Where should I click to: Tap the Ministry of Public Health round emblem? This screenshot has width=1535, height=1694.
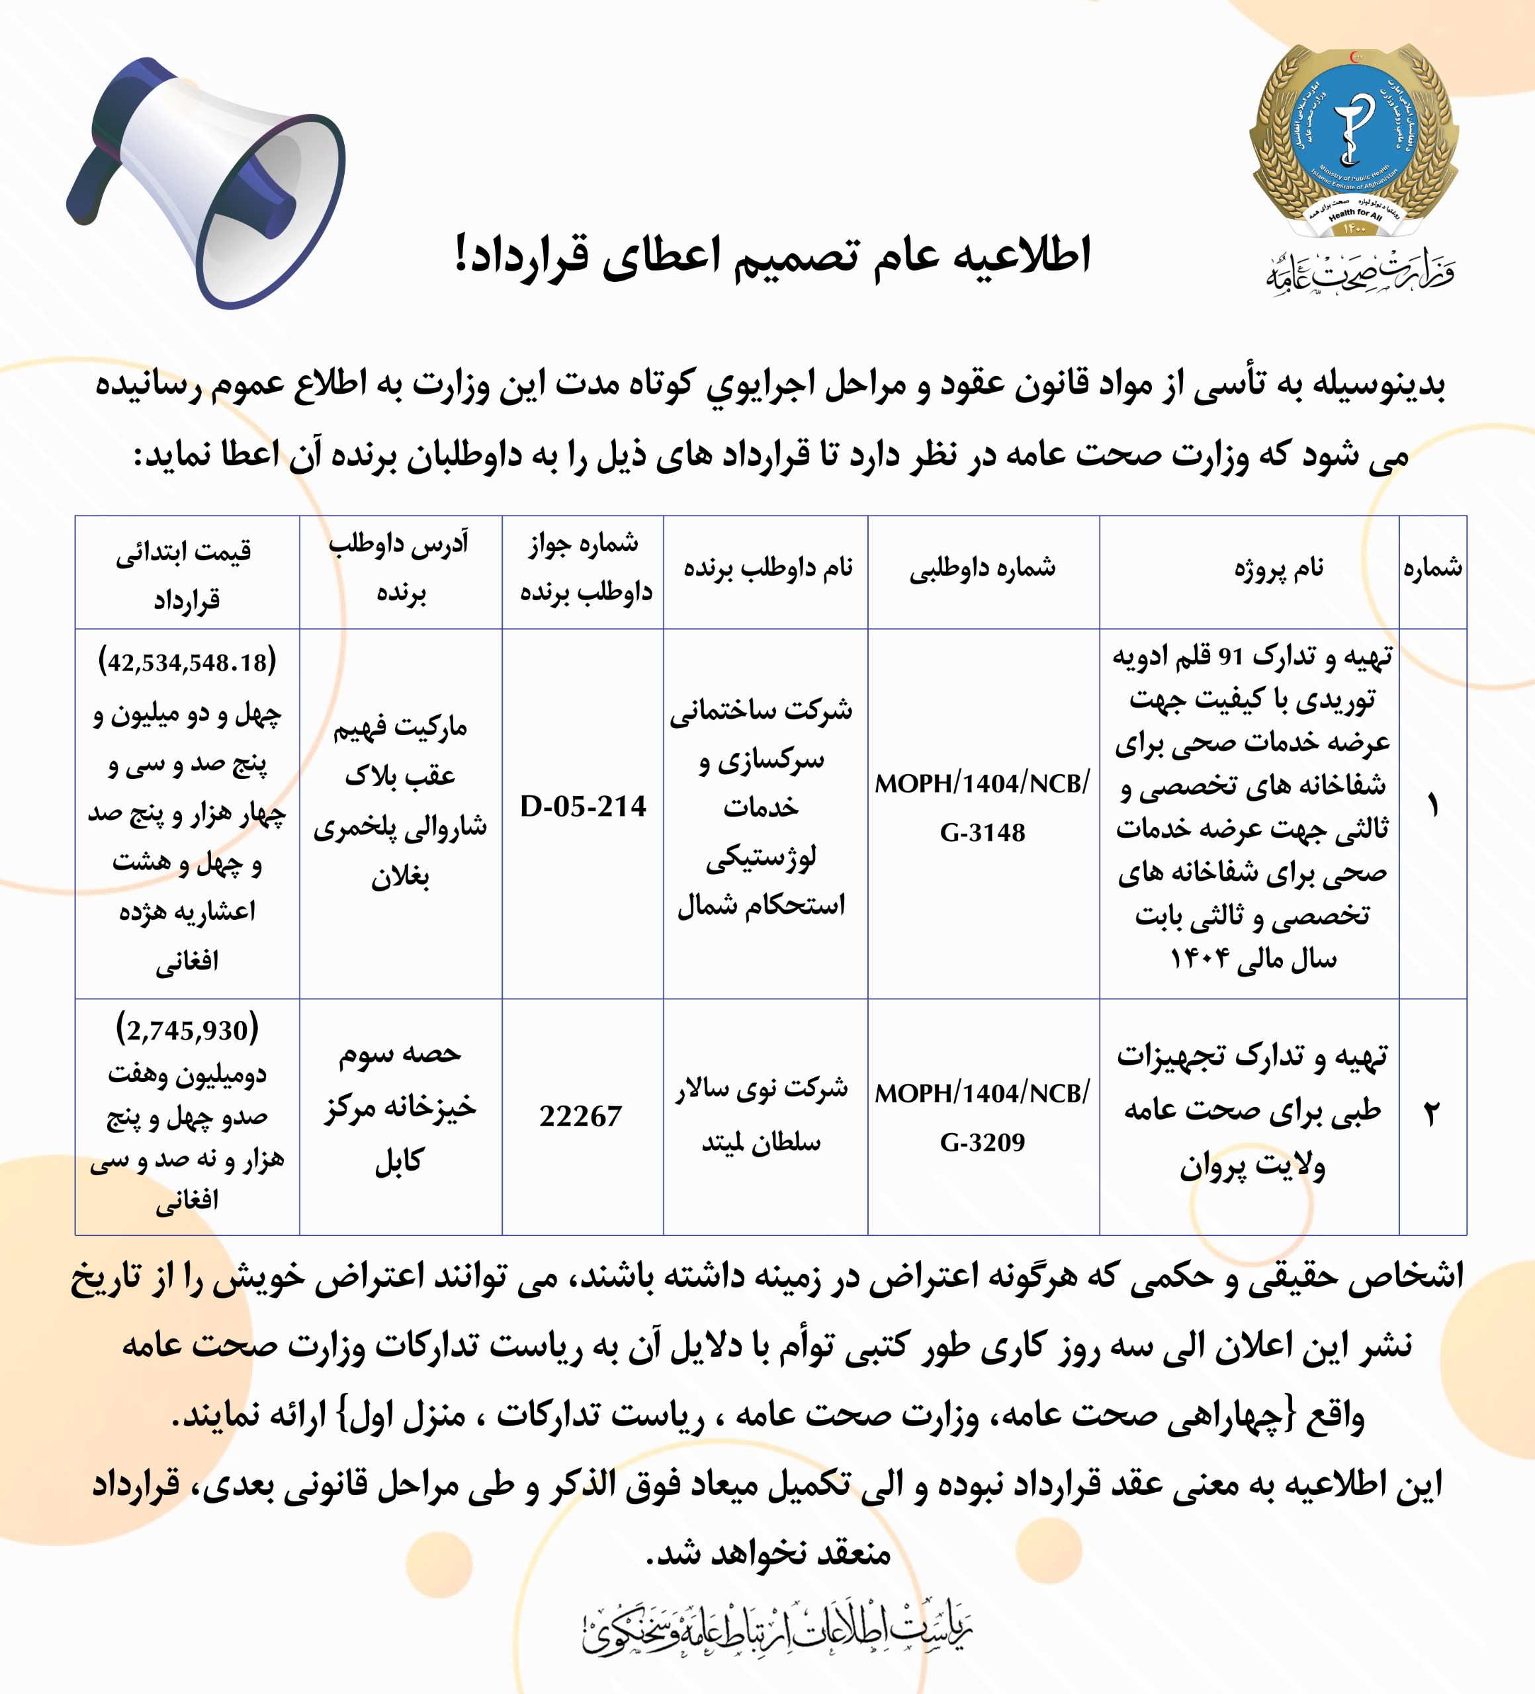[1352, 143]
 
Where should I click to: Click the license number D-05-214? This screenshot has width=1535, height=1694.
[583, 807]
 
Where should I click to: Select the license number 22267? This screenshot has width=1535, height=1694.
[582, 1116]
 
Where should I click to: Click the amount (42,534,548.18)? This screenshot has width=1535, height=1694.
[187, 662]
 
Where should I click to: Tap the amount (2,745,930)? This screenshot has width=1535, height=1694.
[187, 1030]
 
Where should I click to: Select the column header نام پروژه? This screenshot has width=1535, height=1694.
[1278, 569]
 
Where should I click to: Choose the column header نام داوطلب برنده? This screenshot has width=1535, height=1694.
[767, 569]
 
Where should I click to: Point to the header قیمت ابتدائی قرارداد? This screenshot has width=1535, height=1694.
[186, 576]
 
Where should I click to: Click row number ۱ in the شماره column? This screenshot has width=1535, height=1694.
[1432, 807]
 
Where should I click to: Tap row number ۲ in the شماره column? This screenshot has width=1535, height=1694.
[1432, 1116]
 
